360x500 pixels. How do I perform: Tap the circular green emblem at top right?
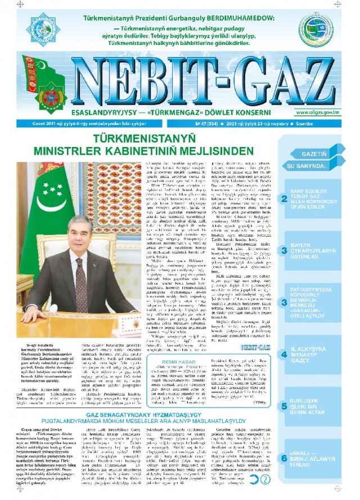[x=317, y=28]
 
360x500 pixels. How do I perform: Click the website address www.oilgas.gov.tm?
[x=318, y=113]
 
